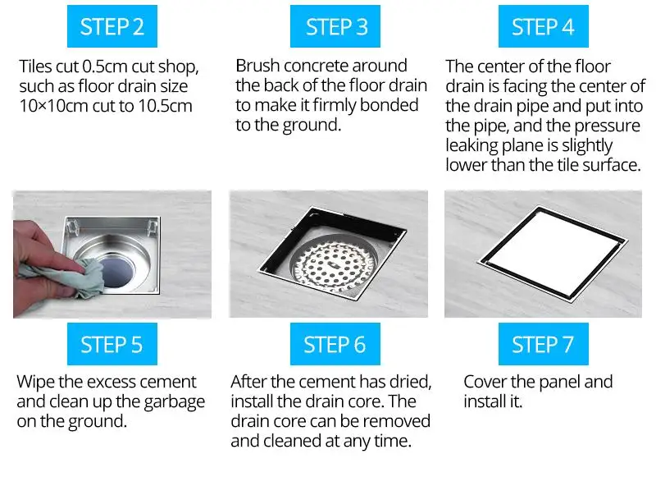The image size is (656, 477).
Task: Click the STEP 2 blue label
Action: click(112, 26)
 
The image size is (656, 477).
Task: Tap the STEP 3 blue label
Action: click(335, 26)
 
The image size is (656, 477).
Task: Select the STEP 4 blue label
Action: click(543, 26)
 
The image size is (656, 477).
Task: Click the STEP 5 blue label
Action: click(112, 343)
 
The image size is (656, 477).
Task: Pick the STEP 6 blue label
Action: click(335, 343)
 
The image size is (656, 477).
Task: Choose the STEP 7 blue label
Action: click(543, 343)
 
